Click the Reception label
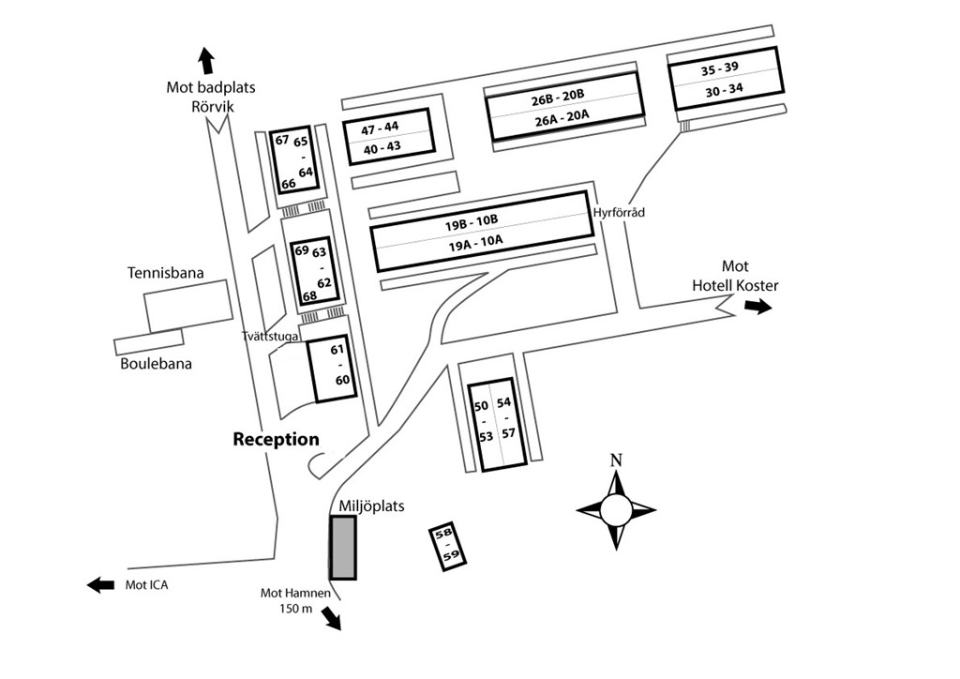pyautogui.click(x=276, y=439)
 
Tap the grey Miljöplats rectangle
pyautogui.click(x=343, y=547)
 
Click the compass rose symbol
pyautogui.click(x=616, y=510)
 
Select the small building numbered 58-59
pyautogui.click(x=448, y=547)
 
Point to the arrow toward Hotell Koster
pyautogui.click(x=757, y=307)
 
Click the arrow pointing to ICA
pyautogui.click(x=100, y=585)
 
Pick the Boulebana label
pyautogui.click(x=156, y=363)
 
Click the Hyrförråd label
pyautogui.click(x=619, y=213)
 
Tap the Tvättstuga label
pyautogui.click(x=270, y=335)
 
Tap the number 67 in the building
pyautogui.click(x=282, y=140)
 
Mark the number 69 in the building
pyautogui.click(x=301, y=250)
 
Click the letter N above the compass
pyautogui.click(x=616, y=460)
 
